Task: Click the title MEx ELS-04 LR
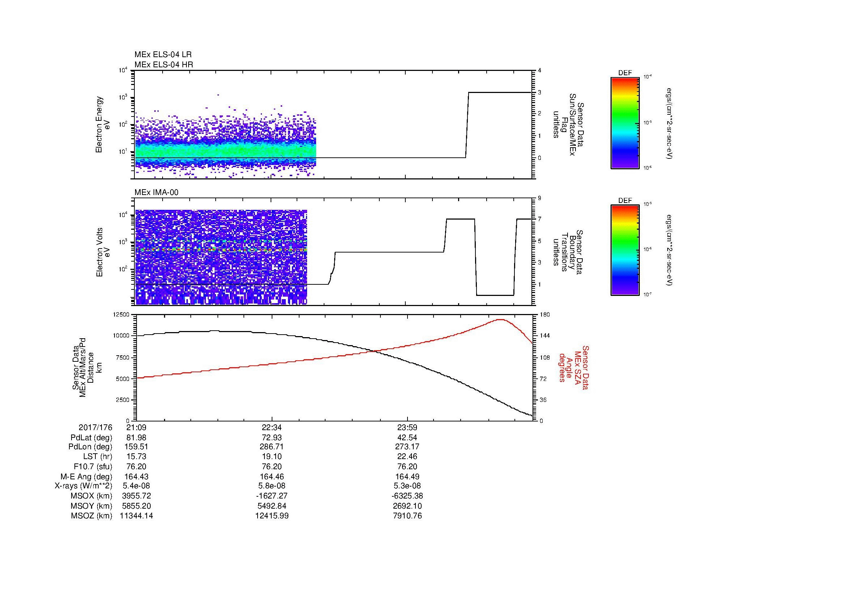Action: coord(163,55)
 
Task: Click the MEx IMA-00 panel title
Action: coord(156,192)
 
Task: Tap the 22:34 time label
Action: coord(272,428)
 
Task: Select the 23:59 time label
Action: coord(407,428)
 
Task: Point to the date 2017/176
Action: coord(95,428)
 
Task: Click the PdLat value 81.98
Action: coord(136,438)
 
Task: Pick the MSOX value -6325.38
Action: coord(407,496)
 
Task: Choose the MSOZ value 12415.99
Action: coord(272,516)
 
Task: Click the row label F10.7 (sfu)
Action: coord(93,466)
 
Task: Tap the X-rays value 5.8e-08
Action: coord(272,486)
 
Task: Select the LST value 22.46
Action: coord(407,457)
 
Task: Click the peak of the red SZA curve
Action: coord(500,319)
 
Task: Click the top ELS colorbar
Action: coord(625,123)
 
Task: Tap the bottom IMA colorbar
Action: coord(625,251)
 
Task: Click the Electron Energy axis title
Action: coord(99,124)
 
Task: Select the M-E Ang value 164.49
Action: coord(407,476)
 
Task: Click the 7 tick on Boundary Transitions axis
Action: coord(539,219)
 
